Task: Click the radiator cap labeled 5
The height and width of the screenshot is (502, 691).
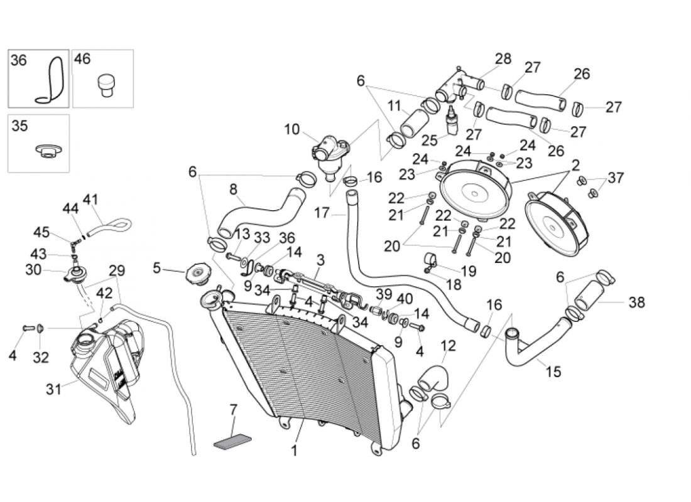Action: click(x=199, y=274)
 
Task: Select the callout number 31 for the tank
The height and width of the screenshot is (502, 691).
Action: click(x=53, y=389)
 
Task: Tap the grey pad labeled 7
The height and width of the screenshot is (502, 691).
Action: click(x=232, y=441)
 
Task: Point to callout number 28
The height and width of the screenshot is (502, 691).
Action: click(x=503, y=58)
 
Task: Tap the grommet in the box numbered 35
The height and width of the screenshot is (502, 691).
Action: click(x=49, y=151)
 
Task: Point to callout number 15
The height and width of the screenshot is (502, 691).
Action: click(x=553, y=371)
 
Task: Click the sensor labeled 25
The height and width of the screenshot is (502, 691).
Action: click(x=452, y=120)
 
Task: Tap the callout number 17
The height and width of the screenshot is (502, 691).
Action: click(x=322, y=213)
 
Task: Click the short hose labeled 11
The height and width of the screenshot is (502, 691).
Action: click(x=414, y=124)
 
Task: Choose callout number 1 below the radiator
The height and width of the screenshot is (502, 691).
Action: click(x=294, y=451)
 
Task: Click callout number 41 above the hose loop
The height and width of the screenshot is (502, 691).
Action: click(x=90, y=200)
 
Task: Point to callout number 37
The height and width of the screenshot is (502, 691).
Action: click(x=616, y=178)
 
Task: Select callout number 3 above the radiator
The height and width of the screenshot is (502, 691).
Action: click(x=320, y=260)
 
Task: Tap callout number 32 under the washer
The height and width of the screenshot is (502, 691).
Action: click(x=41, y=357)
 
